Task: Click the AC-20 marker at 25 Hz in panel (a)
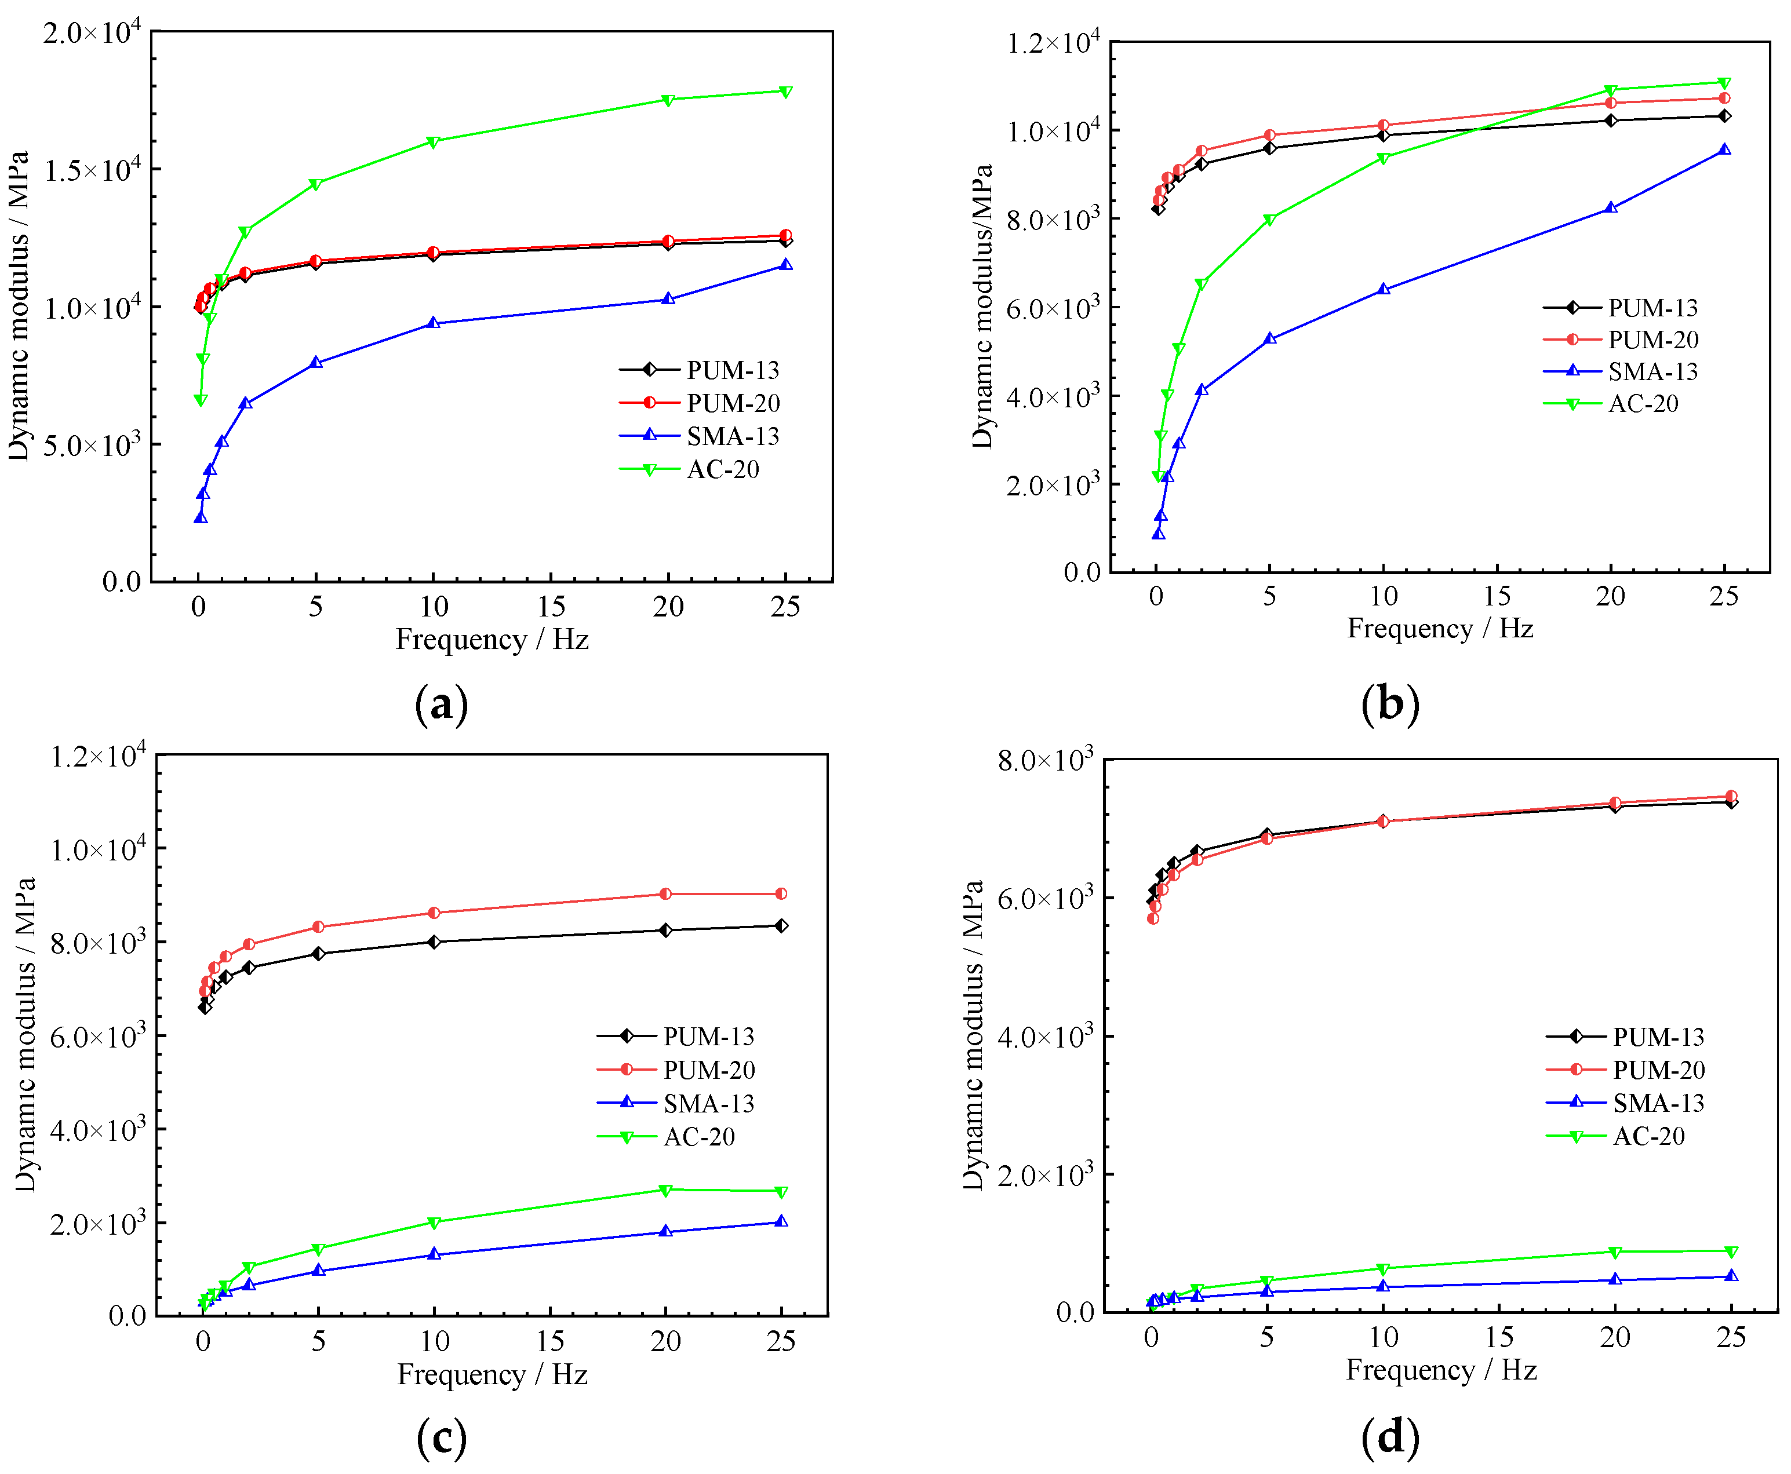coord(785,92)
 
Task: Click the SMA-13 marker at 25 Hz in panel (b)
coord(1724,149)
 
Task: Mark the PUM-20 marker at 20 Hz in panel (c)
coord(665,894)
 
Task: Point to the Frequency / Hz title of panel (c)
coord(493,1375)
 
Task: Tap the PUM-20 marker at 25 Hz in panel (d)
coord(1731,797)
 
